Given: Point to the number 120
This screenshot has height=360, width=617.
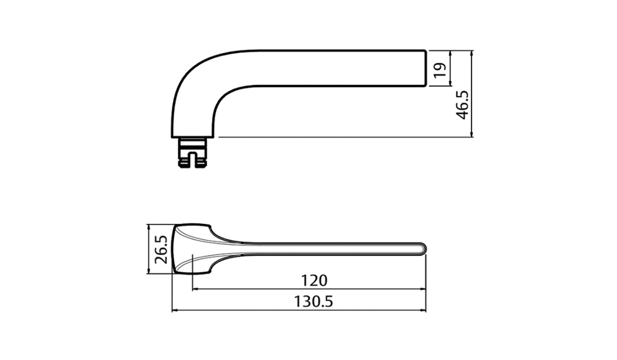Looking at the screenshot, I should (314, 281).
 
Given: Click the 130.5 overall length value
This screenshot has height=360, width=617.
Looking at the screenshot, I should (313, 301).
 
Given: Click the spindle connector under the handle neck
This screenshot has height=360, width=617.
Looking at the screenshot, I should (191, 152).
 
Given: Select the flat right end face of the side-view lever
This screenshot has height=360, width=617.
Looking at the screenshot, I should (426, 68).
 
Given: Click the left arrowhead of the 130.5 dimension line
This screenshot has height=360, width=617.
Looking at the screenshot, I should (174, 310).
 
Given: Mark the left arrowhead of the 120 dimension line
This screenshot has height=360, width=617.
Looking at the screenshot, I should (194, 289).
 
